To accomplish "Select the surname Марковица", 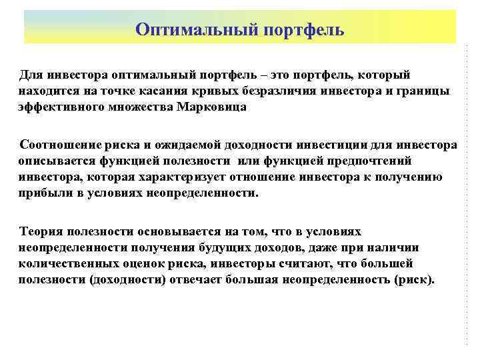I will click(x=212, y=107).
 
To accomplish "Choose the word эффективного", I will click(x=51, y=107).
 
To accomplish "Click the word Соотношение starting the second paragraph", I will click(x=57, y=145).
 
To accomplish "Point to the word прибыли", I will click(x=41, y=193).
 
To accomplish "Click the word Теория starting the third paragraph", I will click(x=41, y=232).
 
